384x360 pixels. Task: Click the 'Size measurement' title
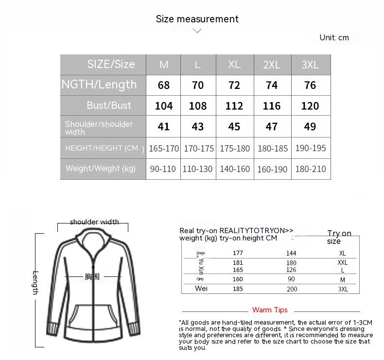pyautogui.click(x=197, y=19)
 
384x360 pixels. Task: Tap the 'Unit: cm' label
pyautogui.click(x=334, y=37)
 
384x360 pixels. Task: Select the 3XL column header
pyautogui.click(x=310, y=65)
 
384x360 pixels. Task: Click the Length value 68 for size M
pyautogui.click(x=164, y=86)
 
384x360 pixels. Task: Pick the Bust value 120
pyautogui.click(x=310, y=106)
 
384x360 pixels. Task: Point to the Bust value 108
pyautogui.click(x=197, y=106)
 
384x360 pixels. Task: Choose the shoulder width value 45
pyautogui.click(x=234, y=127)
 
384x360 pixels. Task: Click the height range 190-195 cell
pyautogui.click(x=310, y=148)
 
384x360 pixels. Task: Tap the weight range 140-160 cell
pyautogui.click(x=234, y=169)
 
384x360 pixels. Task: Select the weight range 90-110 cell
pyautogui.click(x=164, y=169)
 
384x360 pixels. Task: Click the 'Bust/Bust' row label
pyautogui.click(x=109, y=105)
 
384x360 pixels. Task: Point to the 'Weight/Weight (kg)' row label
pyautogui.click(x=101, y=169)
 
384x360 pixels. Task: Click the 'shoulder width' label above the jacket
pyautogui.click(x=94, y=222)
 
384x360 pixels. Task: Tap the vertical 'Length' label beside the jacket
pyautogui.click(x=35, y=282)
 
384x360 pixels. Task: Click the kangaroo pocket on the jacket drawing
pyautogui.click(x=93, y=321)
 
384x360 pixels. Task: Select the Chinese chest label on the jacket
pyautogui.click(x=92, y=277)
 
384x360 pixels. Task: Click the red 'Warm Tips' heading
pyautogui.click(x=270, y=310)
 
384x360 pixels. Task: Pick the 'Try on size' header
pyautogui.click(x=339, y=237)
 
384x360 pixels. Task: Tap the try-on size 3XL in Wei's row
pyautogui.click(x=343, y=289)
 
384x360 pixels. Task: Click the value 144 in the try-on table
pyautogui.click(x=291, y=253)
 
